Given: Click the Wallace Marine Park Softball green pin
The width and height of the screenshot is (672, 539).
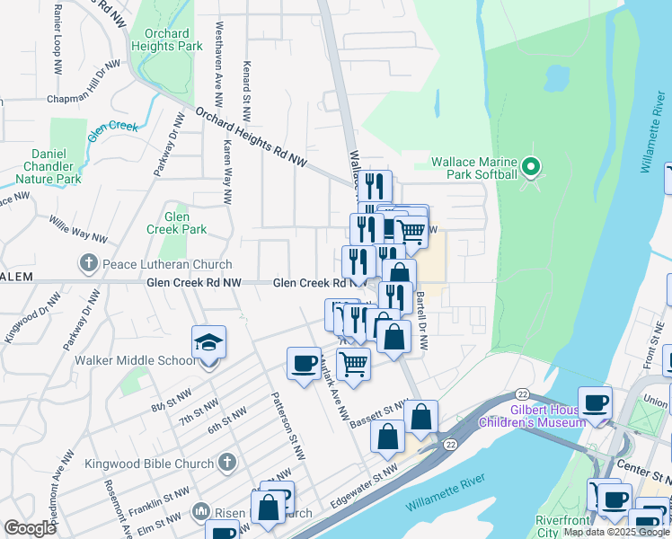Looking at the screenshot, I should point(530,166).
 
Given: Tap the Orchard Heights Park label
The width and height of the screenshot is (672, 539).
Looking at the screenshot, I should point(167,40).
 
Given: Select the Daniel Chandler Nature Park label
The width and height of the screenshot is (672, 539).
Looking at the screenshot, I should point(50,166).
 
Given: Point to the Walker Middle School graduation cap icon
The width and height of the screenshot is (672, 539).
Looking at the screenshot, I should point(208,342).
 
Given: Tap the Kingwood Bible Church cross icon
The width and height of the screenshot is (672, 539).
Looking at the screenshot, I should point(226,464).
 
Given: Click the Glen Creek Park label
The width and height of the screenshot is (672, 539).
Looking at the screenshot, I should point(185,223).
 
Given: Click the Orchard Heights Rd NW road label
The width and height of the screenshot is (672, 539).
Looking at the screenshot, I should point(251,139).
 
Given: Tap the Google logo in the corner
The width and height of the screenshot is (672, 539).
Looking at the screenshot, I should point(30,528).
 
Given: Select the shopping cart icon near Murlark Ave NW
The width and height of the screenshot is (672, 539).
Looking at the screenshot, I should point(353,364).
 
